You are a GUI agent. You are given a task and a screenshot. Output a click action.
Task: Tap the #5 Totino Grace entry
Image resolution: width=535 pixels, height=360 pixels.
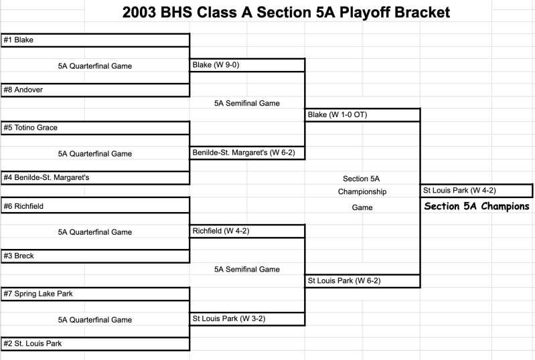coord(30,128)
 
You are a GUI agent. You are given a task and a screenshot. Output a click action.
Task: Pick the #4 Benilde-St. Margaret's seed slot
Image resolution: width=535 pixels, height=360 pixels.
coord(46,178)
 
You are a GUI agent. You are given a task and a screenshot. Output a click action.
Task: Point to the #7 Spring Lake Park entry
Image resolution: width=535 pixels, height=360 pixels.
coord(37,294)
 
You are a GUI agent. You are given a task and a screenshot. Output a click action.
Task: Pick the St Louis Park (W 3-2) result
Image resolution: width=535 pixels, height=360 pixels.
coord(229,319)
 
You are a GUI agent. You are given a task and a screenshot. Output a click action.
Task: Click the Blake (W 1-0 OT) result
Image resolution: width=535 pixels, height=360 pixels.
coord(337,115)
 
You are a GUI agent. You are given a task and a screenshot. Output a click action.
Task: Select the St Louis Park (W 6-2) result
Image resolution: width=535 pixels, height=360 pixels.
coord(344,281)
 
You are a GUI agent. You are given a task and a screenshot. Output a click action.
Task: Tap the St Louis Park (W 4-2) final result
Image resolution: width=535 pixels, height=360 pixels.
coord(459,191)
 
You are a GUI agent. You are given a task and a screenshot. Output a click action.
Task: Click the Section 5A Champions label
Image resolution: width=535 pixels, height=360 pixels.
coord(477,207)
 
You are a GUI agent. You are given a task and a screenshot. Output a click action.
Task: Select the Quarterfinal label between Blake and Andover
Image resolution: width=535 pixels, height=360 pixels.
coord(95,66)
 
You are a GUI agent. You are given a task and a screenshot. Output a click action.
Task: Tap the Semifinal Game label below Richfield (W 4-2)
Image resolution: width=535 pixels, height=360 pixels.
coord(246,269)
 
